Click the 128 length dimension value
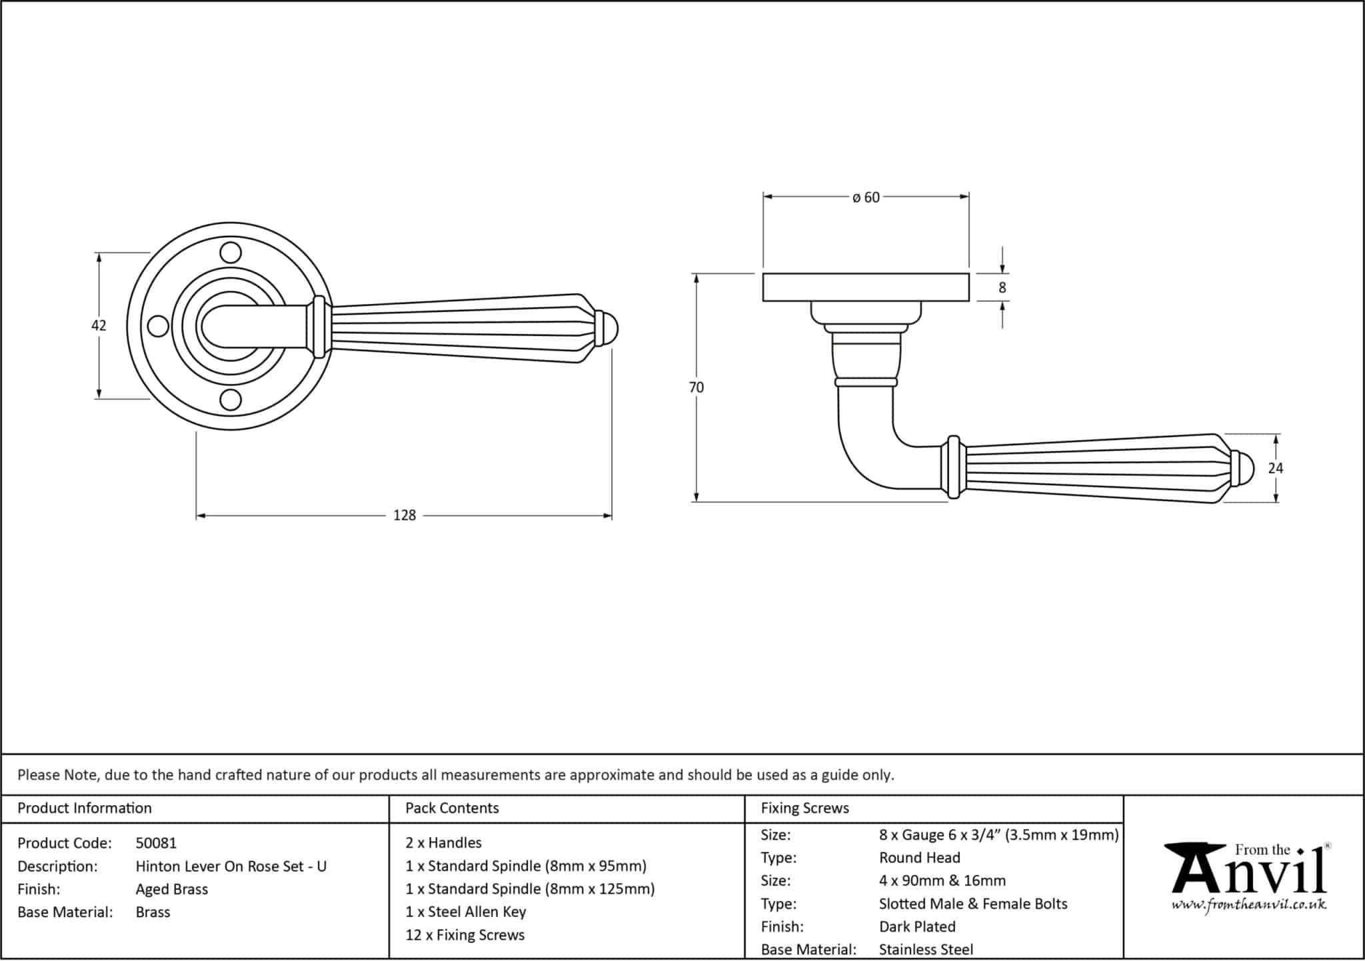[404, 515]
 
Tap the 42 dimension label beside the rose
[99, 325]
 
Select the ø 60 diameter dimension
[866, 197]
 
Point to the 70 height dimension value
[696, 387]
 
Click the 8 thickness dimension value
[1002, 288]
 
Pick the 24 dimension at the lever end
[1275, 469]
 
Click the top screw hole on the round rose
[231, 253]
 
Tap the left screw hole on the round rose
[158, 326]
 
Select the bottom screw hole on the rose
[231, 400]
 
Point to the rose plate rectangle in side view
[865, 287]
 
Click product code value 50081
[156, 843]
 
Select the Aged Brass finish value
[171, 889]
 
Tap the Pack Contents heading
[452, 808]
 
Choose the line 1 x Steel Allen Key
[465, 912]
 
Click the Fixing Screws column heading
[804, 808]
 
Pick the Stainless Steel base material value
[926, 949]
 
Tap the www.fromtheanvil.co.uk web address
[1248, 905]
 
